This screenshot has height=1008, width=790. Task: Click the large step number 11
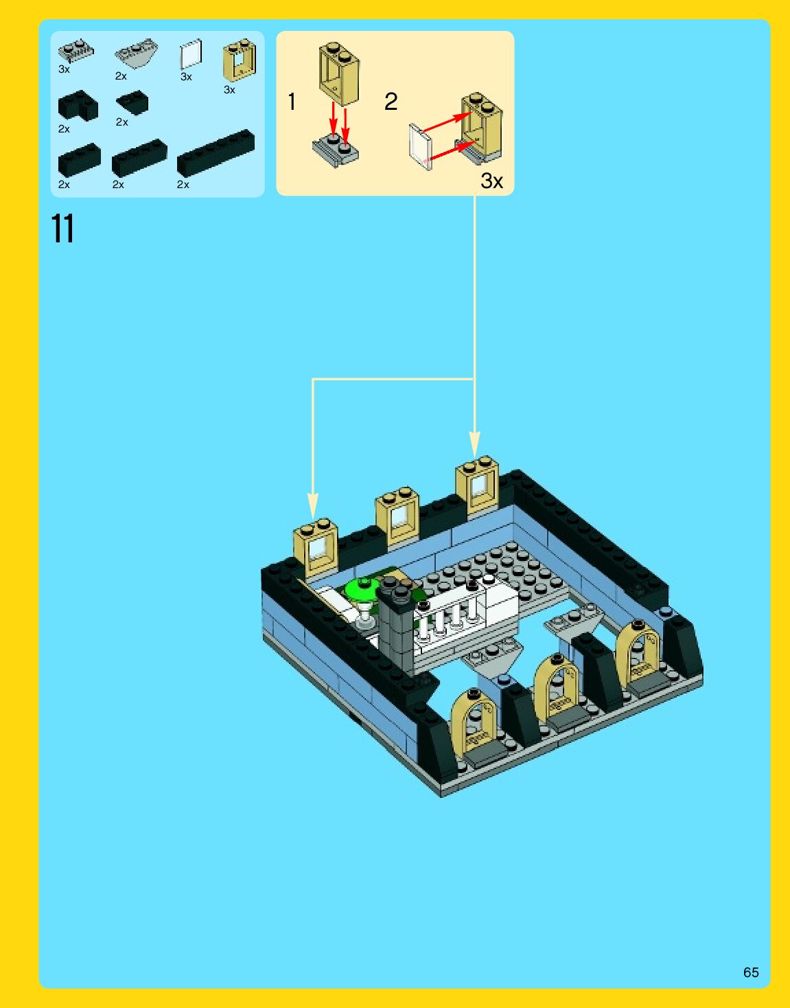click(x=62, y=229)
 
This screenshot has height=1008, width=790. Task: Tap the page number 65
click(x=751, y=972)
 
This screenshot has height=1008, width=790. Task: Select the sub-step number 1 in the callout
click(x=292, y=102)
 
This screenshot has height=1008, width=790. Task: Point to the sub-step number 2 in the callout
click(x=391, y=102)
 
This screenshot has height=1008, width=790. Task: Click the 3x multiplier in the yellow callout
click(x=491, y=181)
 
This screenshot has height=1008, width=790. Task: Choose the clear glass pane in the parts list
click(x=191, y=54)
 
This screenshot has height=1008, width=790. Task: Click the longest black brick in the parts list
click(x=216, y=152)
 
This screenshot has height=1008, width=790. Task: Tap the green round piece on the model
click(x=362, y=589)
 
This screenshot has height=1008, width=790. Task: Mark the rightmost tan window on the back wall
click(x=478, y=485)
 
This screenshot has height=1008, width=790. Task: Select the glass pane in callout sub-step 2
click(x=420, y=146)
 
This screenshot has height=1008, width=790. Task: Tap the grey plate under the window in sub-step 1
click(x=335, y=151)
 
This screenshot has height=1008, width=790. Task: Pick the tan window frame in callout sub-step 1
click(x=339, y=73)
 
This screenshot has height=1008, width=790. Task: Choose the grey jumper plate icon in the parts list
click(x=75, y=51)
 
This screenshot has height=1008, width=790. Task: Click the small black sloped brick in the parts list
click(x=132, y=103)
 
